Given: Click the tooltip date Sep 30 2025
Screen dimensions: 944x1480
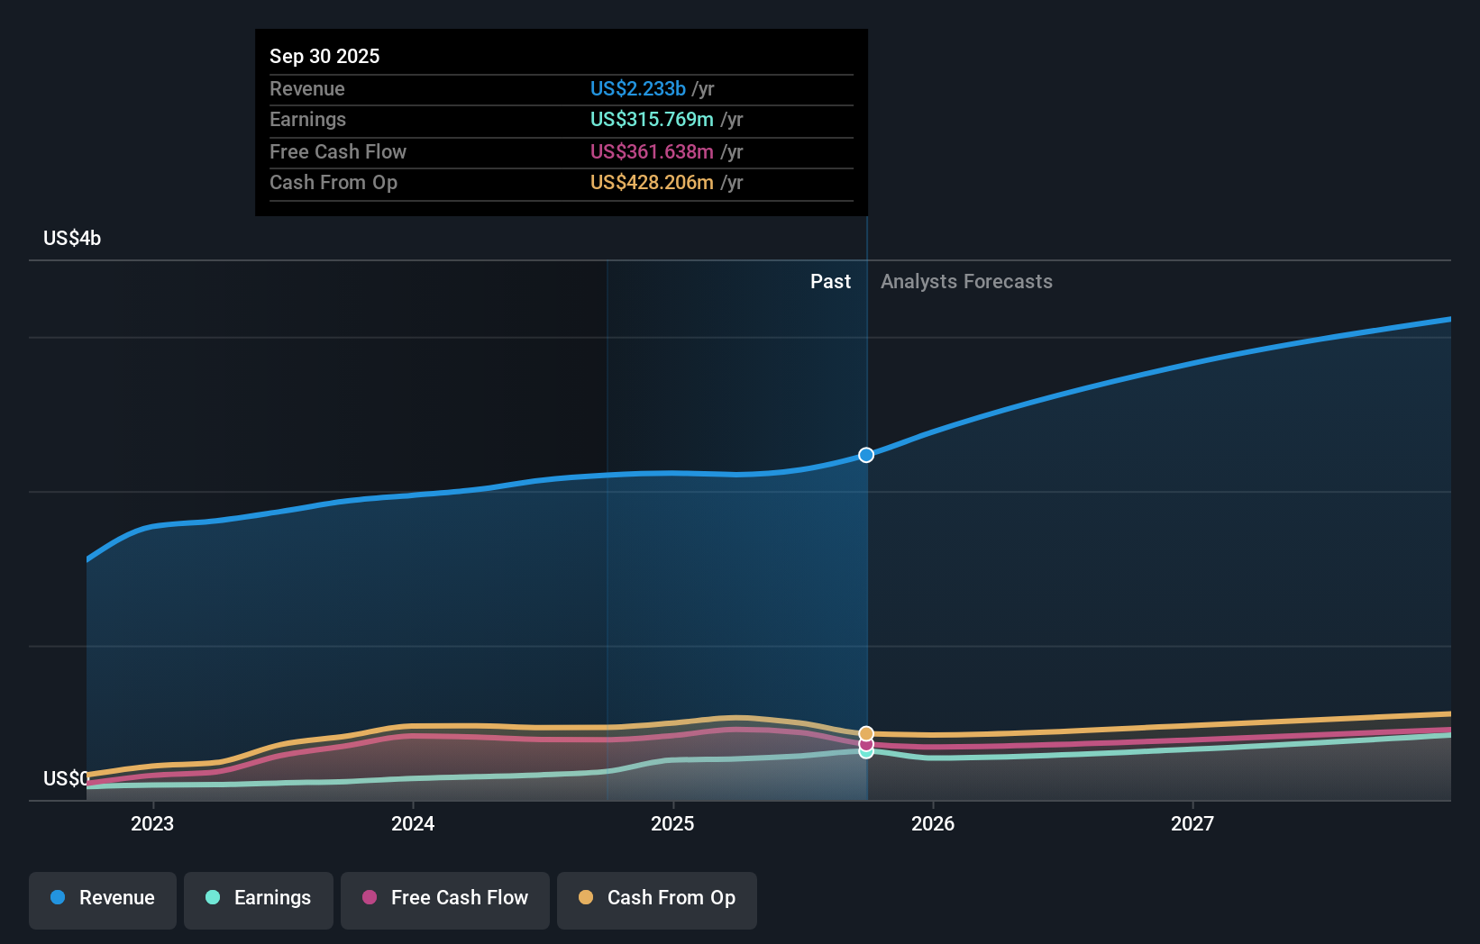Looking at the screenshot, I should click(324, 56).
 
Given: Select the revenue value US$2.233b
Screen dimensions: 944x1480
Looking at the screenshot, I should click(637, 88).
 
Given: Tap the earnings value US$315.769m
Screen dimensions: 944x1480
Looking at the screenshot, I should click(651, 119).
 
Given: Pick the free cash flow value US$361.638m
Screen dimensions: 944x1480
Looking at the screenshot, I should click(651, 151).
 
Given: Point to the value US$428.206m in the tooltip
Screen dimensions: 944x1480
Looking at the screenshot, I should click(651, 182).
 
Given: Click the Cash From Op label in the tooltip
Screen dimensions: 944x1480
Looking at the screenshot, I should click(333, 182).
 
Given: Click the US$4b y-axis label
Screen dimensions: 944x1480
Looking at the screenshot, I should click(72, 238).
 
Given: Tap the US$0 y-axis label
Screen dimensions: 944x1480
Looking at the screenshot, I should click(66, 778).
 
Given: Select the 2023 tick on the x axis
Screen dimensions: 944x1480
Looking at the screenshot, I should click(152, 823).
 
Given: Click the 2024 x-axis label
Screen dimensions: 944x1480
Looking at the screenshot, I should click(413, 823).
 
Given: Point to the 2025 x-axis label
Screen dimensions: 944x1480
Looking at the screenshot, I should click(672, 823).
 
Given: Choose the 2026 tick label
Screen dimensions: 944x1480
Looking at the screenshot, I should click(933, 823).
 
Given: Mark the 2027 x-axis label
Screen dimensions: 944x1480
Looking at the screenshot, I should click(1192, 823).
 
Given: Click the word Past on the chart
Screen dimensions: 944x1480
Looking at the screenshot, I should click(830, 281).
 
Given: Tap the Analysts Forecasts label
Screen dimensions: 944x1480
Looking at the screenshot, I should click(966, 281).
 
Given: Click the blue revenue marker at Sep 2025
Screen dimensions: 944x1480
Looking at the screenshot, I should click(866, 455).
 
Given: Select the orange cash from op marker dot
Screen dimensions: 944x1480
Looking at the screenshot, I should click(866, 733).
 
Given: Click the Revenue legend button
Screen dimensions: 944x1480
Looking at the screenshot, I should click(103, 898).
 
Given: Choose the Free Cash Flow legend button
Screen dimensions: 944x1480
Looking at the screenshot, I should click(445, 898).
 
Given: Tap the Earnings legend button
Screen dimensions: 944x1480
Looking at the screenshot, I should click(259, 898).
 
